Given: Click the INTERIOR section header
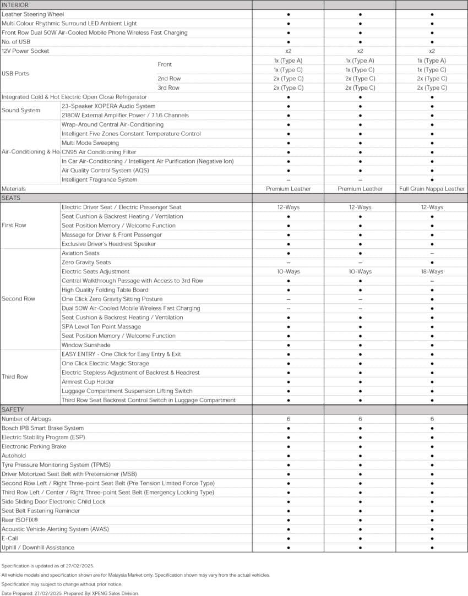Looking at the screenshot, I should point(15,5).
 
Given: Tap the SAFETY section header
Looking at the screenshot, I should point(13,409).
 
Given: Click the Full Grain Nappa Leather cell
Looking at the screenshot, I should point(432,189).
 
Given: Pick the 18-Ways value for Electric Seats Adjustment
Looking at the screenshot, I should point(432,271).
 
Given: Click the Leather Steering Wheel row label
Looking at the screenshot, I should point(32,14).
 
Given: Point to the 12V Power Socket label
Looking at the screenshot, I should point(25,51).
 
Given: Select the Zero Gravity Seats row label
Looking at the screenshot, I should point(86,263).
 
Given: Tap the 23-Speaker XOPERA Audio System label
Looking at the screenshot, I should point(108,106).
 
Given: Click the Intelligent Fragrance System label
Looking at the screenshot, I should point(99,179).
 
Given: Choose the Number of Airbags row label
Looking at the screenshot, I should point(27,419).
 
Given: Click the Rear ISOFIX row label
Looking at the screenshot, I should point(20,520).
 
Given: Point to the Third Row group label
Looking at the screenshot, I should point(15,377).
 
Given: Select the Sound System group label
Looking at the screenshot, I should point(21,111).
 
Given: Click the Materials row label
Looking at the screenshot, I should point(14,189).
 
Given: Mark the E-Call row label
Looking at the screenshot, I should point(10,538).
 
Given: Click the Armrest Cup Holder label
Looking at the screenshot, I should point(88,382).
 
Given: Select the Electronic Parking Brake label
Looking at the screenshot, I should point(34,446).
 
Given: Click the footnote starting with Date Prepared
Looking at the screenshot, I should point(70,593).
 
